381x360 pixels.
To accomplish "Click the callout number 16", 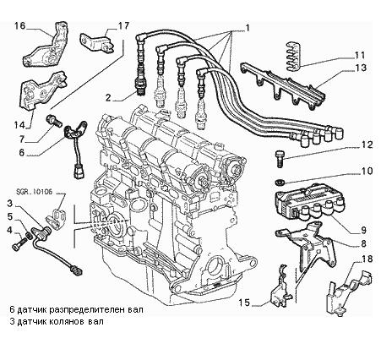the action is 20,26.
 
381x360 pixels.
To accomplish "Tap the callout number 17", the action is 123,25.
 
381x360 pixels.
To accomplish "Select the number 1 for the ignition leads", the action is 247,28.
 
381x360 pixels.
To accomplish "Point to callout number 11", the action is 359,55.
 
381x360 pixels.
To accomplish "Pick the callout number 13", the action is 361,68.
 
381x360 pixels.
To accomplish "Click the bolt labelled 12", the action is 280,159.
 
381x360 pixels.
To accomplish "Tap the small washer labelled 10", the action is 280,182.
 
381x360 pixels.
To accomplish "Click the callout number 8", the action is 363,243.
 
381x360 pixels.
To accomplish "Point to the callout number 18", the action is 367,259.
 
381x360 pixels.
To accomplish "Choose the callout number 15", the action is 244,303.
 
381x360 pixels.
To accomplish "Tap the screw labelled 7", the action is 54,121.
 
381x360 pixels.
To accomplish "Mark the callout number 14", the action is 19,124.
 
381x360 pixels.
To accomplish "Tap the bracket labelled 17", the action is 96,42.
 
